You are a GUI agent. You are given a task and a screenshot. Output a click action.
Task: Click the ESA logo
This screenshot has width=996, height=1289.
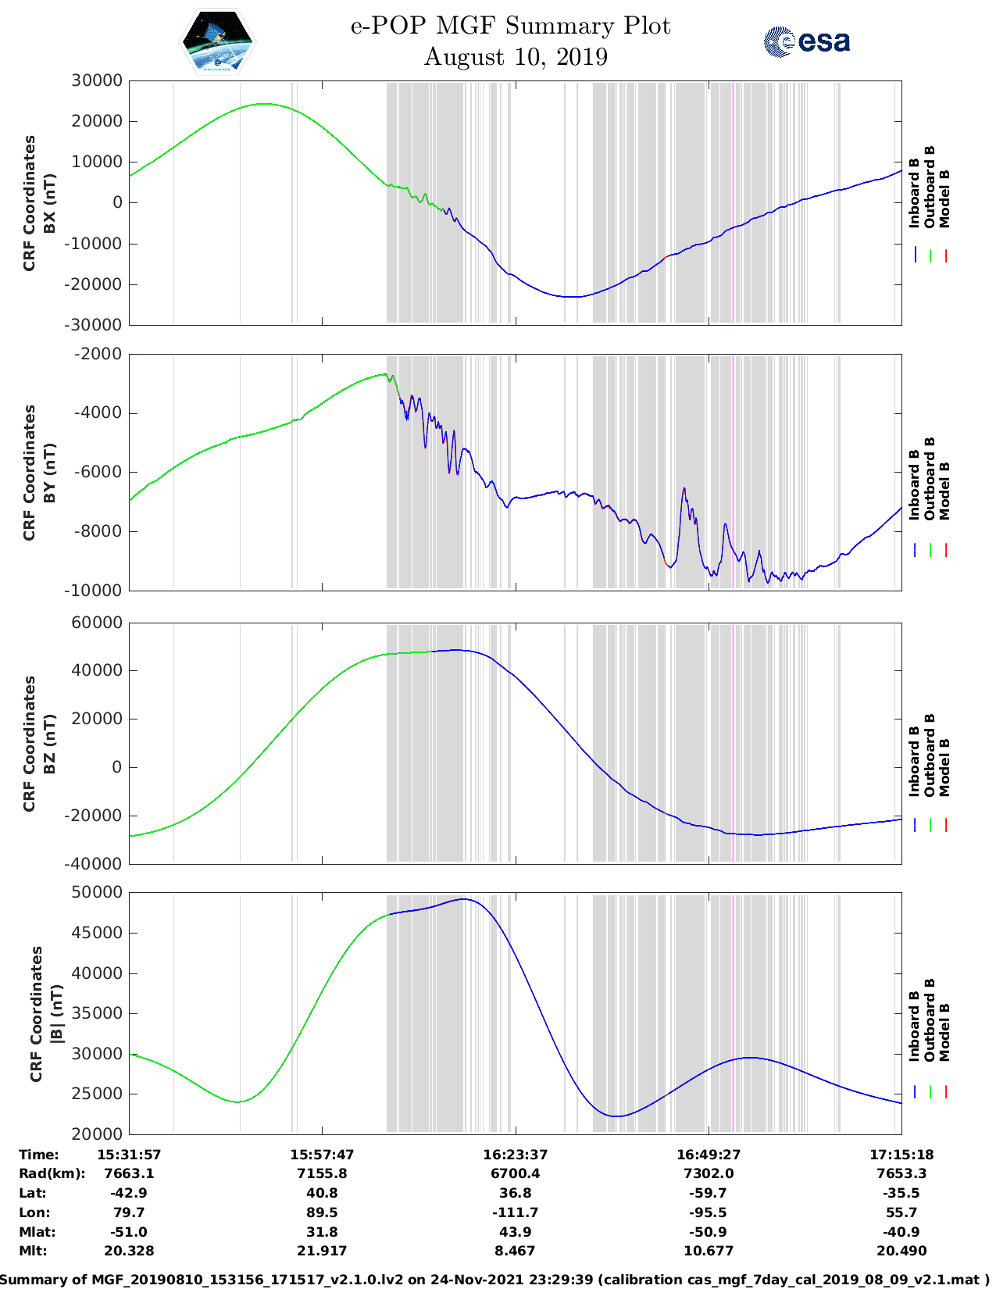tap(806, 41)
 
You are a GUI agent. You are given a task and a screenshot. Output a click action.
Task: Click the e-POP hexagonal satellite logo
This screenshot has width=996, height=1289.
tap(218, 42)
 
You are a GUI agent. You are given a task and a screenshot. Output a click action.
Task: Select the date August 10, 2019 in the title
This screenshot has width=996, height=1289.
tap(516, 57)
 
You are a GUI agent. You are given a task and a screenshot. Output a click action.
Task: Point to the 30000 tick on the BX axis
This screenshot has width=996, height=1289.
tap(97, 80)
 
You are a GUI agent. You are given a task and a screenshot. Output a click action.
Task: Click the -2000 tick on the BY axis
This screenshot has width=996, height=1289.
tap(98, 354)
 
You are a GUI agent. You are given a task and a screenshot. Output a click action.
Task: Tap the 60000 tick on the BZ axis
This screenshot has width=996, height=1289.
tap(97, 623)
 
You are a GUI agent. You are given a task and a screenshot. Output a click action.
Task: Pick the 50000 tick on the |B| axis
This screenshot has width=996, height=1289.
tap(97, 892)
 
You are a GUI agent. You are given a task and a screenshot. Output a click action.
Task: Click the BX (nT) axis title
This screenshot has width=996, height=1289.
tap(49, 203)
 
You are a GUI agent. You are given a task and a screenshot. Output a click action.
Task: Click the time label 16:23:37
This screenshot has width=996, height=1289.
tap(515, 1154)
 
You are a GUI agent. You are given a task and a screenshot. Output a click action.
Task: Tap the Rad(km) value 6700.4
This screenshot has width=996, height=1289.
tap(515, 1173)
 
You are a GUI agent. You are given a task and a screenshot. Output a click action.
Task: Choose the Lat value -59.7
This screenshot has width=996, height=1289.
tap(709, 1193)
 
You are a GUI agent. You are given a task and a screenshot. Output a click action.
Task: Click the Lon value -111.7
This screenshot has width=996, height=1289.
tap(515, 1212)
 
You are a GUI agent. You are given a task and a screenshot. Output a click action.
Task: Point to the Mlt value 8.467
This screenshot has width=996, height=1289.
tap(515, 1251)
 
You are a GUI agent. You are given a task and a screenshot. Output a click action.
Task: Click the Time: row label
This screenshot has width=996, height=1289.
tap(39, 1154)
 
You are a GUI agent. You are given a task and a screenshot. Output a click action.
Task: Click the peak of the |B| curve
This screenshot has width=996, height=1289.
tap(464, 899)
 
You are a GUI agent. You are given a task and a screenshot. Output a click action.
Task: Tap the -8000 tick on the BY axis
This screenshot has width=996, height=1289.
tap(98, 531)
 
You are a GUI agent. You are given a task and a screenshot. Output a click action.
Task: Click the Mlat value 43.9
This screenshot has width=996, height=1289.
tap(515, 1232)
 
